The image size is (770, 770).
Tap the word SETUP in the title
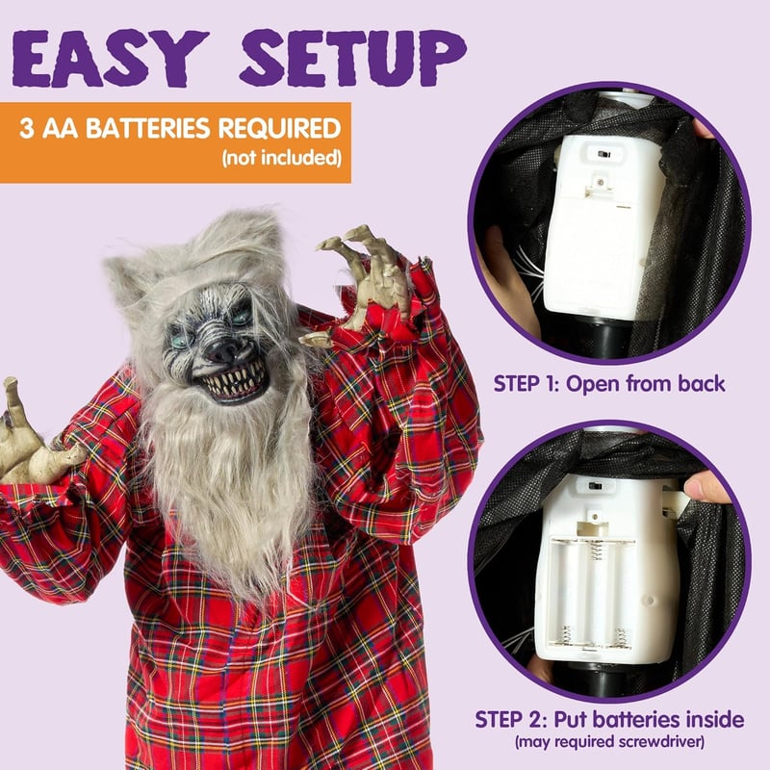[352, 58]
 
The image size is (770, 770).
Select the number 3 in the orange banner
[27, 129]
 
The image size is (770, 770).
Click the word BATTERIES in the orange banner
[148, 129]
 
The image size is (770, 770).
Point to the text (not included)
[281, 158]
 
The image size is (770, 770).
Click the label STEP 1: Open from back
[609, 384]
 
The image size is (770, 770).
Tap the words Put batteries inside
[649, 720]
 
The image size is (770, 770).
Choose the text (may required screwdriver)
[609, 741]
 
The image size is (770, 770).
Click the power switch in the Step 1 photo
[604, 154]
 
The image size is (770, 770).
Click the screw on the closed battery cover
[599, 183]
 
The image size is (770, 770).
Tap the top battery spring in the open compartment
[596, 550]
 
